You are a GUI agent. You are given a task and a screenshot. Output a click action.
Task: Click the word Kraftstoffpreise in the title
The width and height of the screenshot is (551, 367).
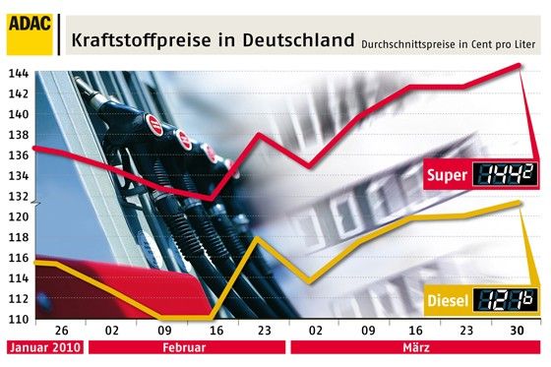pyautogui.click(x=130, y=41)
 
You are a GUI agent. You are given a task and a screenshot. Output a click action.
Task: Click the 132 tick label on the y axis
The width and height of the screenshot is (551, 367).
pyautogui.click(x=17, y=196)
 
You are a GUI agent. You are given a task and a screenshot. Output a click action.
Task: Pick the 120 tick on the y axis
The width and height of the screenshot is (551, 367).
pyautogui.click(x=17, y=216)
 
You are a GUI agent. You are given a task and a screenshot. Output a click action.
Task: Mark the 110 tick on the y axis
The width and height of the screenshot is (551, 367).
pyautogui.click(x=17, y=320)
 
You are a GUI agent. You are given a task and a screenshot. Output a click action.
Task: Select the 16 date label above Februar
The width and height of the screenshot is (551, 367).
pyautogui.click(x=214, y=333)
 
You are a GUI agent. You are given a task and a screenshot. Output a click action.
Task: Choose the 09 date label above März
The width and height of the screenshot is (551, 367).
pyautogui.click(x=366, y=333)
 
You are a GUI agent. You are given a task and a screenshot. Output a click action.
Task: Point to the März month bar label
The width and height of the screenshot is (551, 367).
pyautogui.click(x=412, y=348)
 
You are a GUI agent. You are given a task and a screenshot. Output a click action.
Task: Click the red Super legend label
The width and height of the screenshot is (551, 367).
pyautogui.click(x=447, y=175)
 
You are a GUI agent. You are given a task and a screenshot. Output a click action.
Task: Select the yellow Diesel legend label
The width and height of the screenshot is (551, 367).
pyautogui.click(x=447, y=299)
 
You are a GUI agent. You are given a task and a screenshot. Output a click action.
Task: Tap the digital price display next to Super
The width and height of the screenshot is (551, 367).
pyautogui.click(x=506, y=175)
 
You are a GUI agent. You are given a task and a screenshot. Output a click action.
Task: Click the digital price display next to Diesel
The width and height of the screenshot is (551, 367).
pyautogui.click(x=506, y=299)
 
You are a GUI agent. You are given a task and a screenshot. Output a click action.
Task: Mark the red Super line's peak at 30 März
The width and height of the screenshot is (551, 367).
pyautogui.click(x=519, y=65)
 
